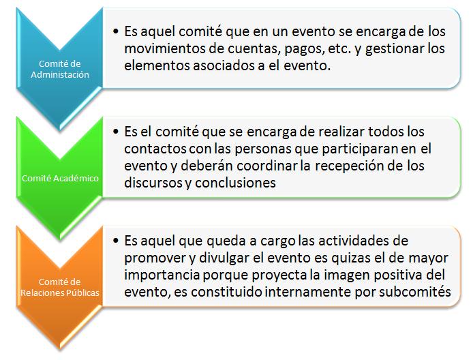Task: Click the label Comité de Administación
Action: coord(60,69)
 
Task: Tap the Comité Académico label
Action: coord(60,178)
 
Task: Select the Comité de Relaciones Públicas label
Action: coord(60,287)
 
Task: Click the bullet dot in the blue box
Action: coord(116,31)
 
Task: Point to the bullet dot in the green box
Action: coord(116,132)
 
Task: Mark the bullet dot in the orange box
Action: coord(116,241)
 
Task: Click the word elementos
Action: coord(157,65)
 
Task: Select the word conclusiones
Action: coord(235,183)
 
